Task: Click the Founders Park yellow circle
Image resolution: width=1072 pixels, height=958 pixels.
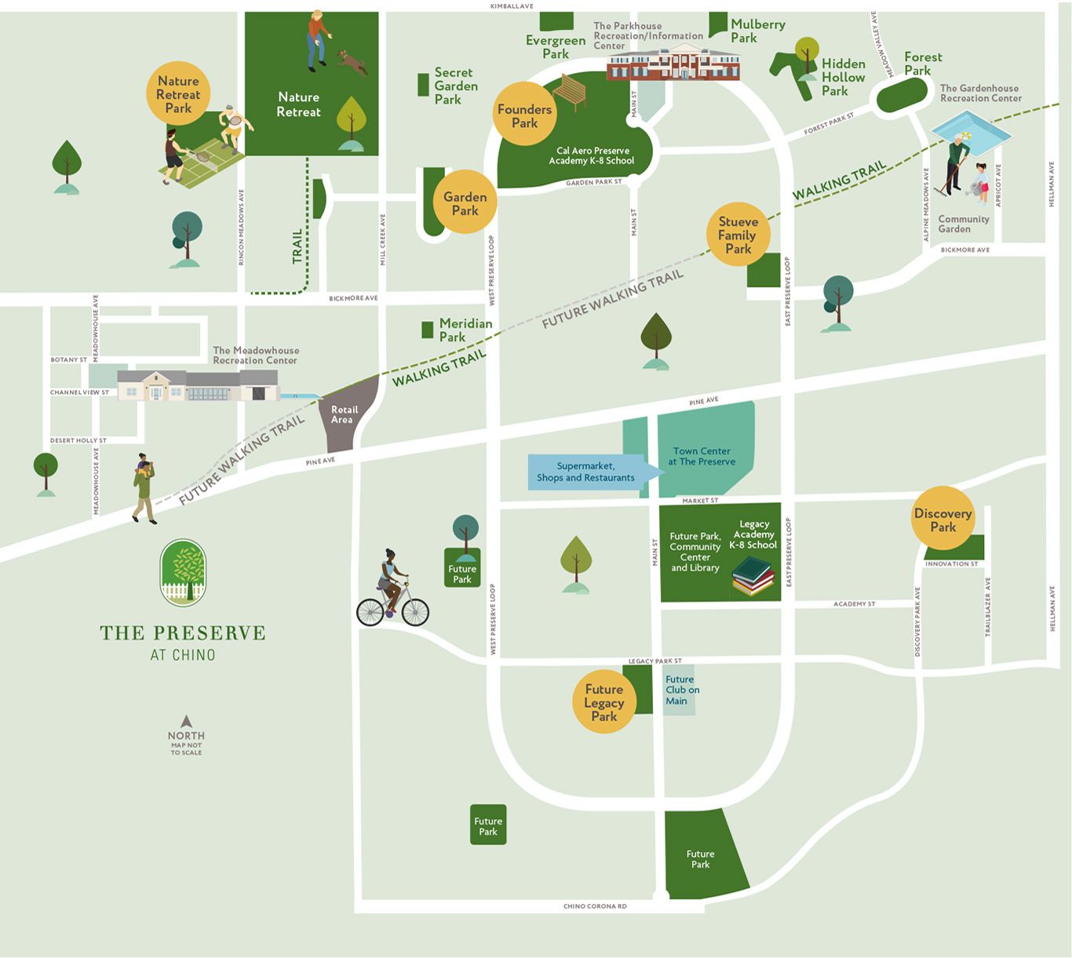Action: click(524, 115)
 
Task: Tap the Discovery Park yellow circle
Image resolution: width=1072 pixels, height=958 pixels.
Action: click(943, 519)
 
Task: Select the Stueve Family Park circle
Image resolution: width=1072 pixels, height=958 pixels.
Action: click(738, 235)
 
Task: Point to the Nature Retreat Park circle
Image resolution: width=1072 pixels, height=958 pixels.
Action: click(178, 94)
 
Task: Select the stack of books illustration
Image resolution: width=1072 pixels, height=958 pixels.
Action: click(753, 577)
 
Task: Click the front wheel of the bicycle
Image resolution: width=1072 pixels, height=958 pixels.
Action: click(415, 611)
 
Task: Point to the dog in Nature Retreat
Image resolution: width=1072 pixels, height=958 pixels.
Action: click(352, 62)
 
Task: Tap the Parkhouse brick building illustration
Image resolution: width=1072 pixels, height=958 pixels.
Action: click(673, 62)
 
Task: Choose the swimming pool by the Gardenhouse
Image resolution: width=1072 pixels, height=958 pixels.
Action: click(971, 129)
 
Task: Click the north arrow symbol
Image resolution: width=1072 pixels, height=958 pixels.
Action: click(186, 721)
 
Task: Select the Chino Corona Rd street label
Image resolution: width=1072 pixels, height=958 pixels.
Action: click(595, 906)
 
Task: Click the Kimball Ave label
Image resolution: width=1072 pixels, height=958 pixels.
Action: click(511, 6)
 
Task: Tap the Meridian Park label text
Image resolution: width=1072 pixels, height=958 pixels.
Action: click(465, 330)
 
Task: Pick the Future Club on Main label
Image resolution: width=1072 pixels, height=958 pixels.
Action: click(681, 690)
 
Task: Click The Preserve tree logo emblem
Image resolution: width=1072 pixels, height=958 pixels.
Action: click(183, 573)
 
